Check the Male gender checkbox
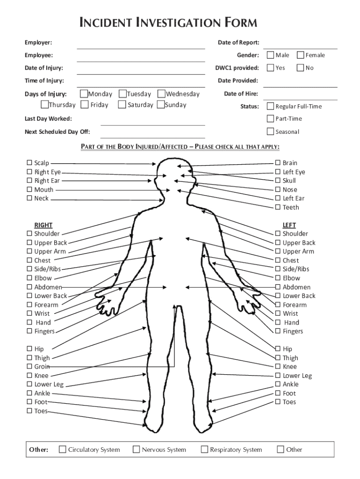(x=270, y=55)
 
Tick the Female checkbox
(x=301, y=55)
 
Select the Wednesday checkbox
(x=161, y=94)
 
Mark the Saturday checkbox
(x=122, y=105)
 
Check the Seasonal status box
(x=270, y=131)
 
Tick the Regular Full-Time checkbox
(x=270, y=106)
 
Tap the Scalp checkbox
(x=29, y=163)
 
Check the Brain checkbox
(x=278, y=163)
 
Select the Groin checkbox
(x=29, y=367)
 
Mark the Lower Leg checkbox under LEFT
(x=278, y=376)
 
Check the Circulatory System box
(x=62, y=450)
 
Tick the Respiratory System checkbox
(x=204, y=450)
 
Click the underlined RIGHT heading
(x=43, y=225)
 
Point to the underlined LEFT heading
(x=289, y=225)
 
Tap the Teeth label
(x=291, y=207)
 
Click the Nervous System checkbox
(x=137, y=450)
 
